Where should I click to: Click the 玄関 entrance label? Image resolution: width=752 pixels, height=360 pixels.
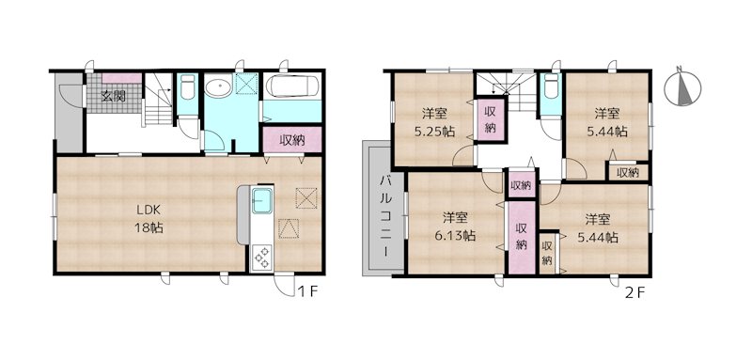click(113, 97)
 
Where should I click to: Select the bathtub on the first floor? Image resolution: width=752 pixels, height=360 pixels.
click(292, 86)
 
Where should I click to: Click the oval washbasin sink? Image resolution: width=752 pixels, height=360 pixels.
click(218, 86)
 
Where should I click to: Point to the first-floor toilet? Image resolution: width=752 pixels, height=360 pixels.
click(187, 86)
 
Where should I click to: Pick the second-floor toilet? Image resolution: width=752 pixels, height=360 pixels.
click(552, 86)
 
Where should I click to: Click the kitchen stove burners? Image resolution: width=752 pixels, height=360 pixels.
click(262, 258)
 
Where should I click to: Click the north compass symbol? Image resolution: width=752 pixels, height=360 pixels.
click(683, 86)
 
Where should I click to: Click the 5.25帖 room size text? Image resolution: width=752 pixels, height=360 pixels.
click(435, 132)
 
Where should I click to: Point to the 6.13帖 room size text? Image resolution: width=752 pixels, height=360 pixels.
click(456, 235)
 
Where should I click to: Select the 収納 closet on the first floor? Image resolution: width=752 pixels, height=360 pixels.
click(292, 140)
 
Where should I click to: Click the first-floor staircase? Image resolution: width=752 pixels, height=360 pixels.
click(159, 100)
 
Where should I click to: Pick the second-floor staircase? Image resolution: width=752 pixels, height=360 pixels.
click(508, 91)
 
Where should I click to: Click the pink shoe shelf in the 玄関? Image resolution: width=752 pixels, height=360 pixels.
click(122, 78)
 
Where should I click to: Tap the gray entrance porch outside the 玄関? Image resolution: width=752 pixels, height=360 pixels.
click(70, 113)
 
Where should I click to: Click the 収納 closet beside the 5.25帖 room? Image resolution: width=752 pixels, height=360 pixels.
click(490, 119)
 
